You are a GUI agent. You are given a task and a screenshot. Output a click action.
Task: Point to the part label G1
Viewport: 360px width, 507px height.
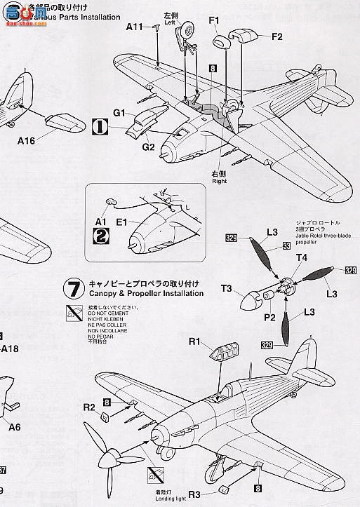click(119, 113)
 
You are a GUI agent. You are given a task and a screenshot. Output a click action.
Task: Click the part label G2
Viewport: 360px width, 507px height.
click(148, 147)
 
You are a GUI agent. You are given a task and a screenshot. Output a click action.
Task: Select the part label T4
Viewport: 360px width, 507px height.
click(300, 257)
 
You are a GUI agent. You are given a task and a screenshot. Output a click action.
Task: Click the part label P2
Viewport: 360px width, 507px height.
click(267, 316)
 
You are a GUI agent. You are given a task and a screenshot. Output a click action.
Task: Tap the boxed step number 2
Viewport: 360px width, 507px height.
click(101, 237)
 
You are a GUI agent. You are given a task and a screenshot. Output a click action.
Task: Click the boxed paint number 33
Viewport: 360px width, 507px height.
click(287, 245)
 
